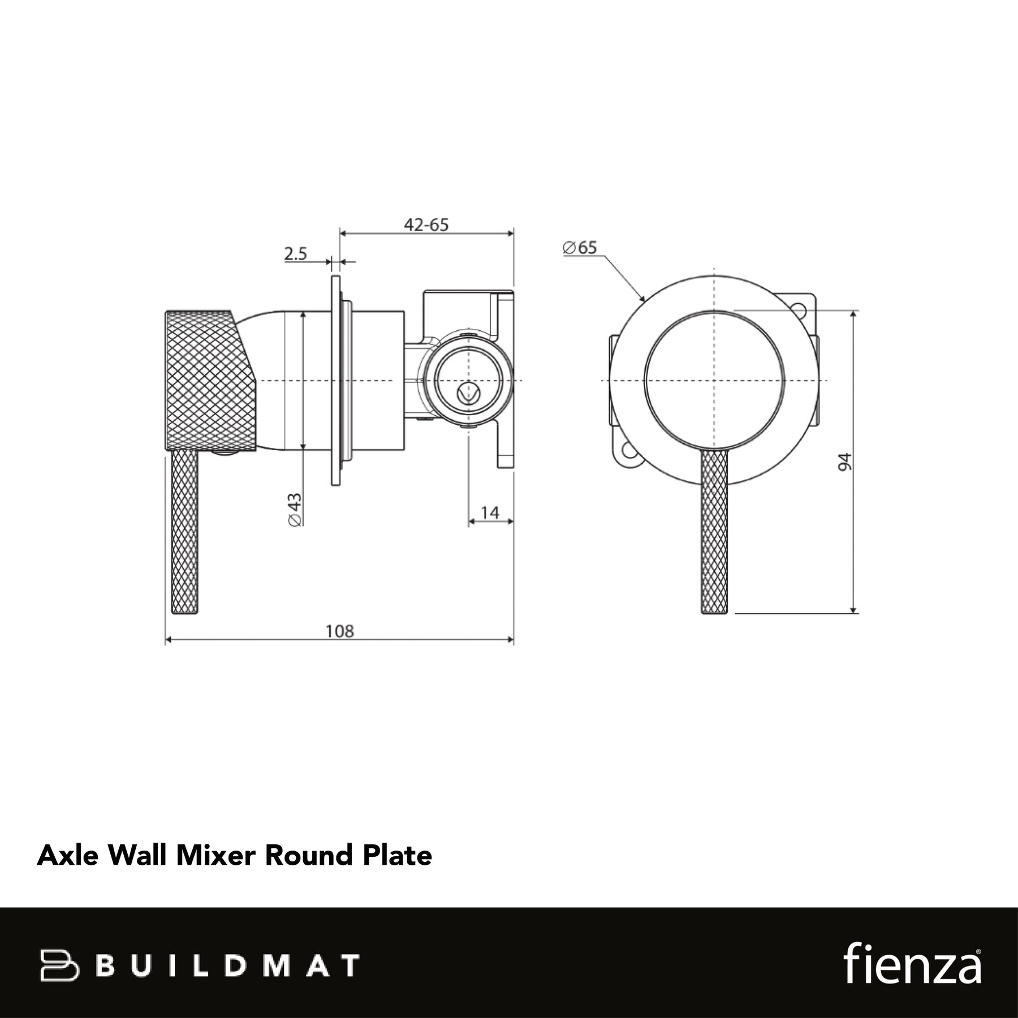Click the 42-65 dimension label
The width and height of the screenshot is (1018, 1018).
pyautogui.click(x=426, y=225)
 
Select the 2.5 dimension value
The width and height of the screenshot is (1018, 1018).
pyautogui.click(x=295, y=254)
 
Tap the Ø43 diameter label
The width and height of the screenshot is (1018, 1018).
pyautogui.click(x=295, y=510)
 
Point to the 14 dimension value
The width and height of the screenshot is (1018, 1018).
pyautogui.click(x=490, y=512)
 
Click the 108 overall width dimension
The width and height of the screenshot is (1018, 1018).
pyautogui.click(x=339, y=631)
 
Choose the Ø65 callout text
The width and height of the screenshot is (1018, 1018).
pyautogui.click(x=580, y=248)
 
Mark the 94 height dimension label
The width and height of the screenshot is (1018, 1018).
pyautogui.click(x=844, y=461)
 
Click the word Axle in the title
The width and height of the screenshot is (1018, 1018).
pyautogui.click(x=67, y=855)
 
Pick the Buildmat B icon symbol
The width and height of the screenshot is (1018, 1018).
pyautogui.click(x=59, y=965)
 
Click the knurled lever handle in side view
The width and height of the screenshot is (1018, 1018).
pyautogui.click(x=185, y=532)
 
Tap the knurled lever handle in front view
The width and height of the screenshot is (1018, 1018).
pyautogui.click(x=715, y=532)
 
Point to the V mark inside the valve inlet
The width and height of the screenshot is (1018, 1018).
pyautogui.click(x=468, y=392)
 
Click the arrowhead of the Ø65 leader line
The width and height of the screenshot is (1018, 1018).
pyautogui.click(x=642, y=297)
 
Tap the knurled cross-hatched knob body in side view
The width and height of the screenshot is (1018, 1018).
pyautogui.click(x=210, y=380)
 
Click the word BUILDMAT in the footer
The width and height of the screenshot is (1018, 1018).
pyautogui.click(x=227, y=965)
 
